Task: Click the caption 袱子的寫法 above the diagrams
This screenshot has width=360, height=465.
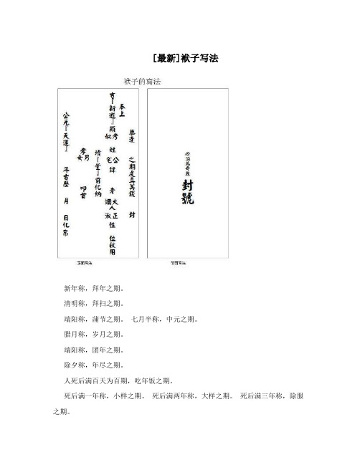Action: pos(142,82)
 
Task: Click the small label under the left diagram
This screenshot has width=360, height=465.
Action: pos(85,263)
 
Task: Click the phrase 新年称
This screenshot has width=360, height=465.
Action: pos(75,288)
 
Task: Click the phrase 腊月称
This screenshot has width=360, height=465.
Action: pos(75,335)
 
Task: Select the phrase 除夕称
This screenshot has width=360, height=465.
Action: pos(75,366)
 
